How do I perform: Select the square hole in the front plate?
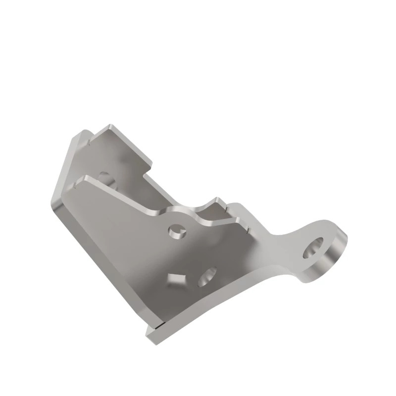pyautogui.click(x=176, y=280)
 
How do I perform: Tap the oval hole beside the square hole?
pyautogui.click(x=207, y=277)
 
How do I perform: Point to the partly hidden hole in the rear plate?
pyautogui.click(x=104, y=176)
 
